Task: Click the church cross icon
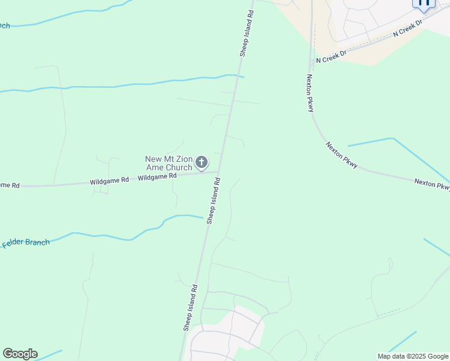(202, 162)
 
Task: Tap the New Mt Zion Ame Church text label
(168, 163)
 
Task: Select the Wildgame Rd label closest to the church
(157, 177)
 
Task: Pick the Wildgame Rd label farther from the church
(109, 180)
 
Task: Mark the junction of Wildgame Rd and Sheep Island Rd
(218, 172)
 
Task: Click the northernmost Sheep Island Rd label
(247, 33)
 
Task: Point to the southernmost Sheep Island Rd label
(191, 307)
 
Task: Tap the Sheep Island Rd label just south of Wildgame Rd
(214, 201)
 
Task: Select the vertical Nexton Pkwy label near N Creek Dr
(310, 93)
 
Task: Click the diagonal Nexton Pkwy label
(342, 155)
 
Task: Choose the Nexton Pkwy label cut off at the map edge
(432, 184)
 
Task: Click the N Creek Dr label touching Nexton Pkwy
(331, 57)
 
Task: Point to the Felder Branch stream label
(26, 243)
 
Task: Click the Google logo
(20, 353)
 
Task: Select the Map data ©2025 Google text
(413, 356)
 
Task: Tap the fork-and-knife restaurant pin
(424, 2)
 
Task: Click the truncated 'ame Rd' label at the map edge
(10, 185)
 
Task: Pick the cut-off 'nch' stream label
(5, 25)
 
